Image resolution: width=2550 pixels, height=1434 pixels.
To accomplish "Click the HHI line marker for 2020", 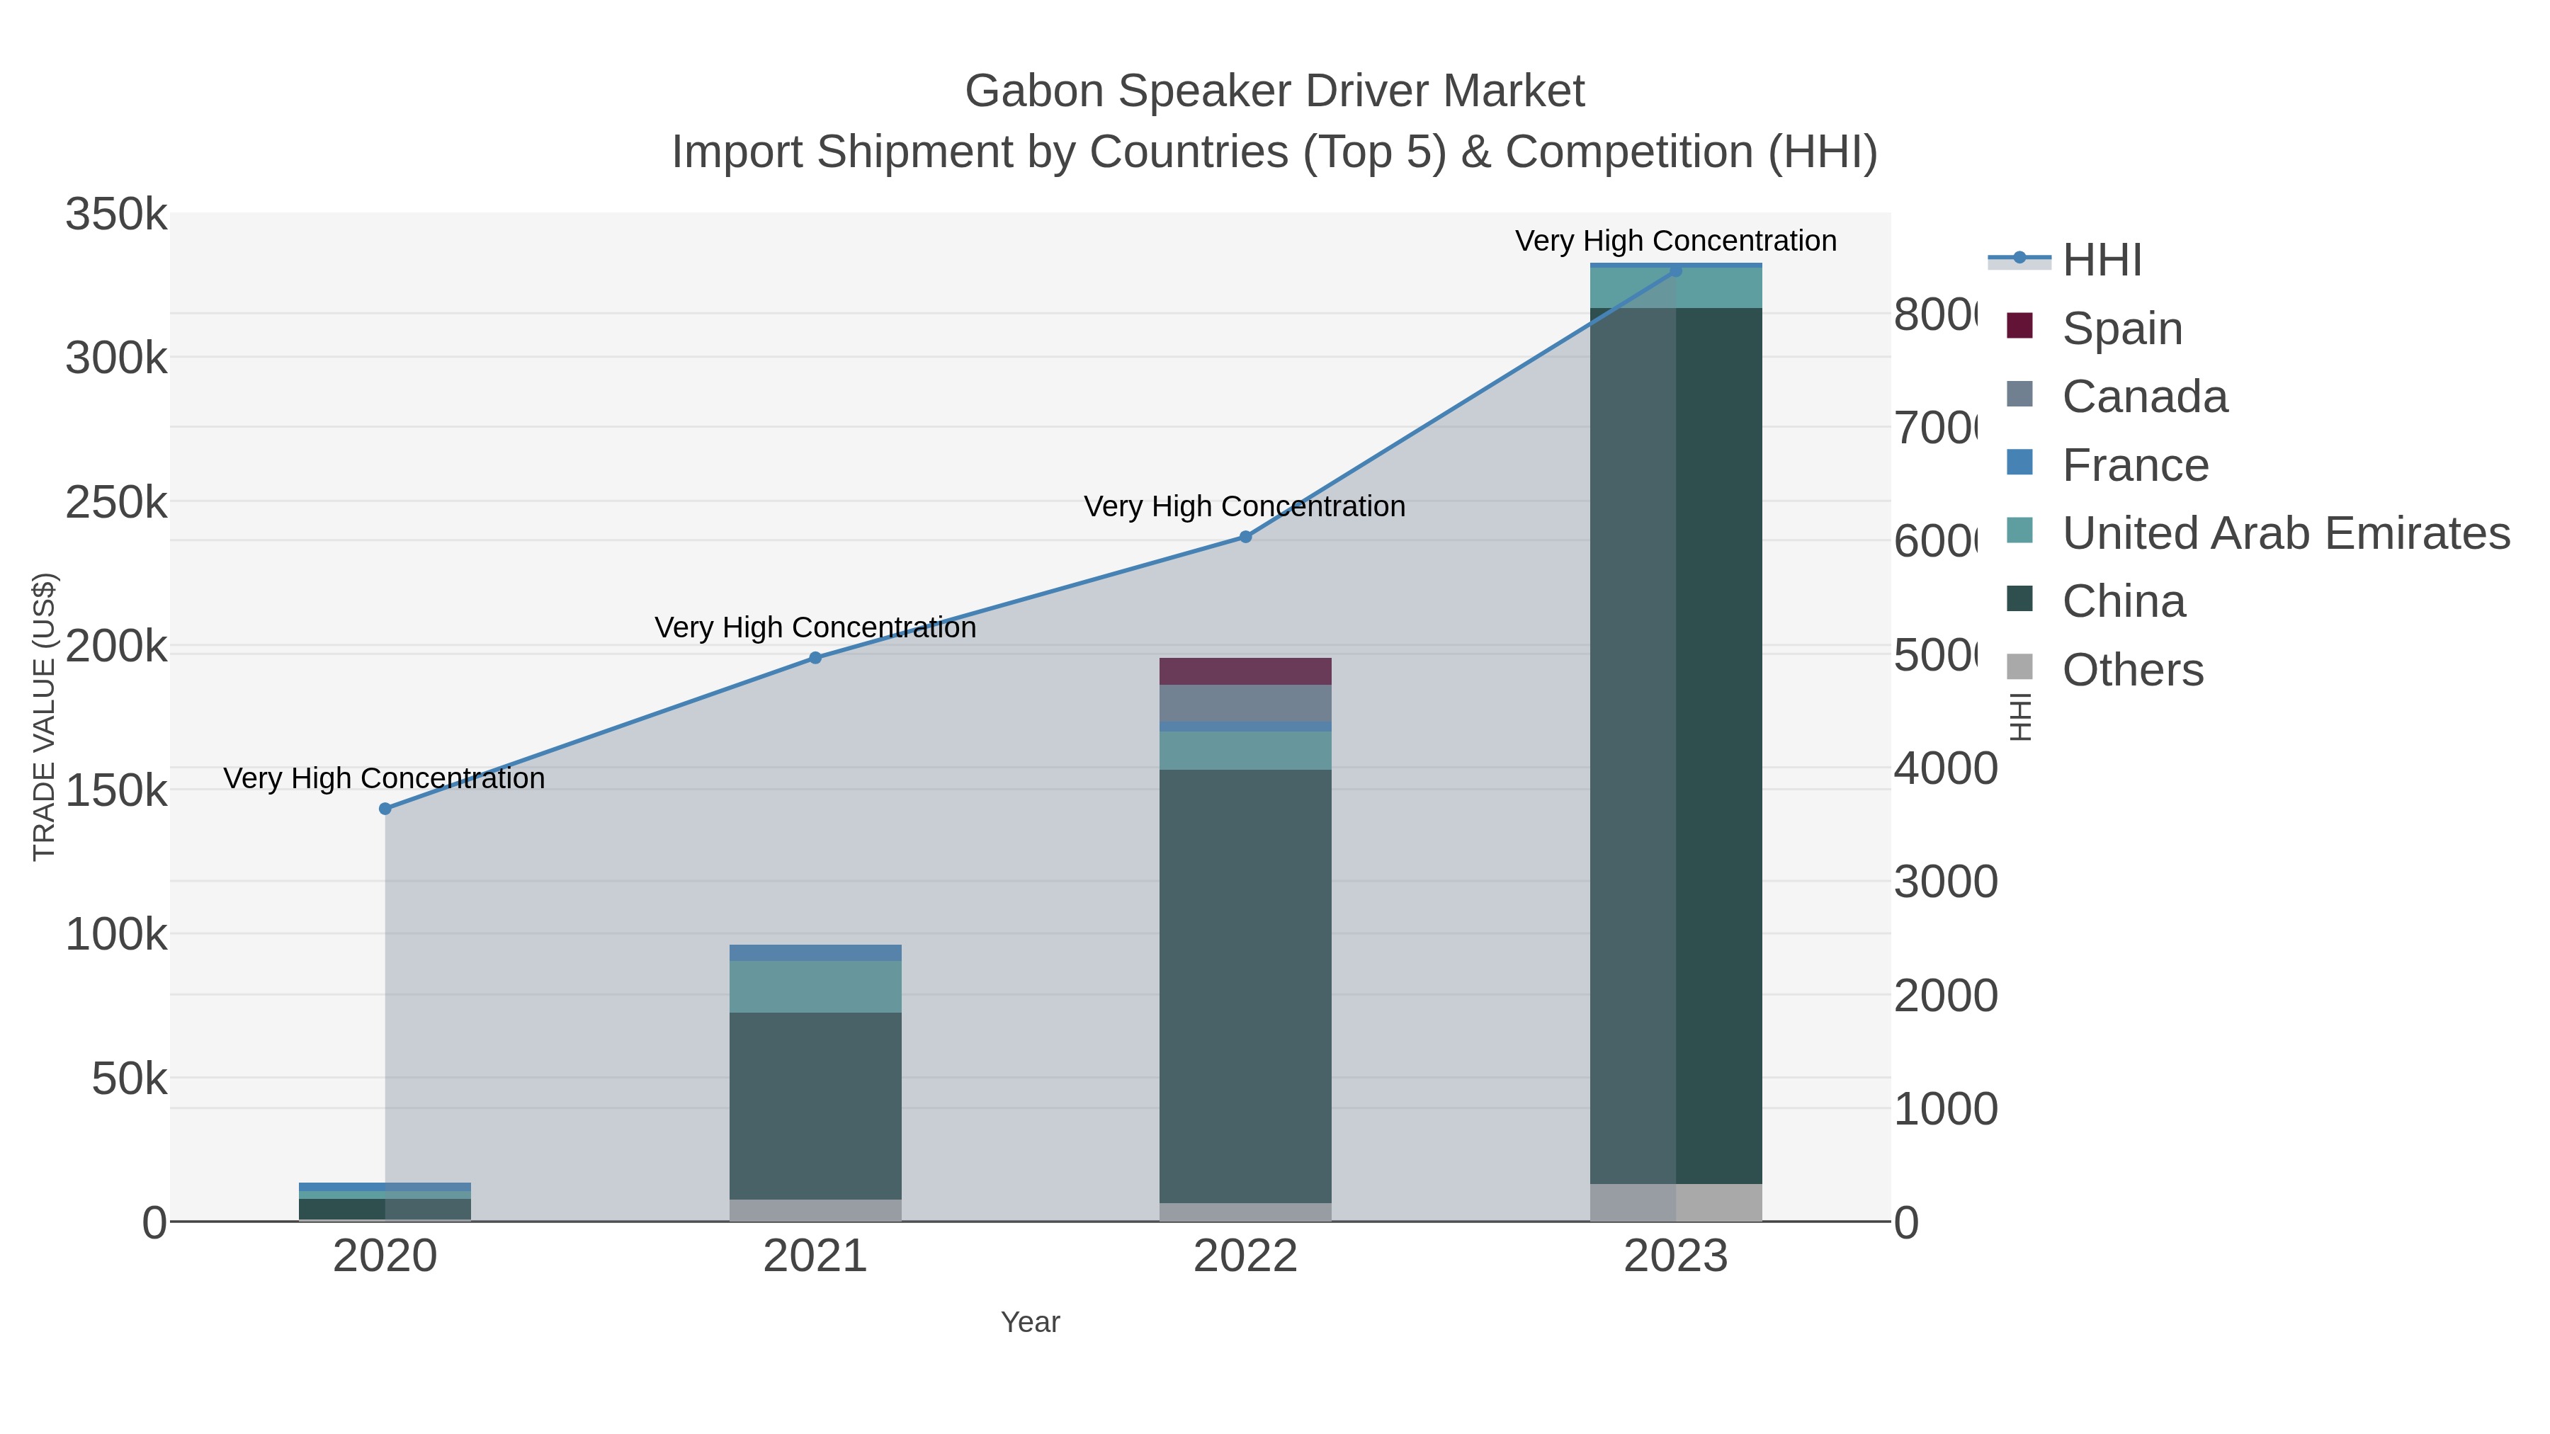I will pyautogui.click(x=385, y=809).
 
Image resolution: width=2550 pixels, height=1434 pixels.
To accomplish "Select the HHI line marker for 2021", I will pyautogui.click(x=816, y=658).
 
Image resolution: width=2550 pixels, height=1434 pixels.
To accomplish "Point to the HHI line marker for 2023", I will pyautogui.click(x=1676, y=271).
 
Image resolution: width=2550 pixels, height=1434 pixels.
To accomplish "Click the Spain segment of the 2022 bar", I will pyautogui.click(x=1245, y=671).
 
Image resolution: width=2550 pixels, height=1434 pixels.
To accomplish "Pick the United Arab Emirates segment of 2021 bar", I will pyautogui.click(x=816, y=986).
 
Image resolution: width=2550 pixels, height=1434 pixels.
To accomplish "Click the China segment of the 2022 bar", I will pyautogui.click(x=1245, y=986).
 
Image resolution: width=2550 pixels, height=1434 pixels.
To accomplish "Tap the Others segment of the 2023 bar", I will pyautogui.click(x=1676, y=1202).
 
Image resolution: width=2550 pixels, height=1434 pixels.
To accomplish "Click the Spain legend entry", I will pyautogui.click(x=2121, y=328).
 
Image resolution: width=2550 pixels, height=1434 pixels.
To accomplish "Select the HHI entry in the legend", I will pyautogui.click(x=2101, y=261).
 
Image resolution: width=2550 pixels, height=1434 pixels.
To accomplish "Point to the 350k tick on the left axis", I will pyautogui.click(x=116, y=215).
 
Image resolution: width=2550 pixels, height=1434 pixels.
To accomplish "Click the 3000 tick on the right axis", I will pyautogui.click(x=1945, y=882).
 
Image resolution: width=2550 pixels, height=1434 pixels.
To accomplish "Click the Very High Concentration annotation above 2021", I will pyautogui.click(x=816, y=627).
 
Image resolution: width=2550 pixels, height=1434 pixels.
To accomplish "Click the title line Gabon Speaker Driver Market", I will pyautogui.click(x=1274, y=91).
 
